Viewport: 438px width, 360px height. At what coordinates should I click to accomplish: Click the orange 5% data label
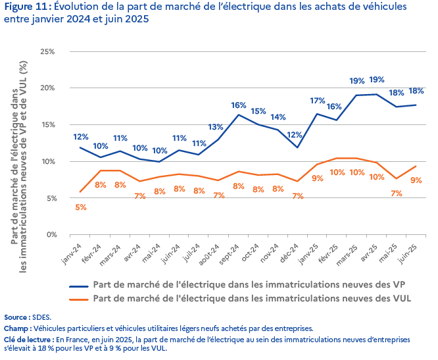tap(81, 207)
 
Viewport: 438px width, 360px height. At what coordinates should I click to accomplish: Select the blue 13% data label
tap(216, 127)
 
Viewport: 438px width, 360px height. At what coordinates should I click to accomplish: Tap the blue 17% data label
tap(318, 101)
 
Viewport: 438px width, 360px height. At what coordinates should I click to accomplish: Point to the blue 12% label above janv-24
tap(81, 137)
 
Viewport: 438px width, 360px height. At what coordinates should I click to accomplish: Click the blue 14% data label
tap(278, 117)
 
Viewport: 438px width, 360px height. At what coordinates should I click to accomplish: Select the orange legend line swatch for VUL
tap(80, 298)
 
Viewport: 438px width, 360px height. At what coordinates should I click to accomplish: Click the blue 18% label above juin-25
tap(416, 91)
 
